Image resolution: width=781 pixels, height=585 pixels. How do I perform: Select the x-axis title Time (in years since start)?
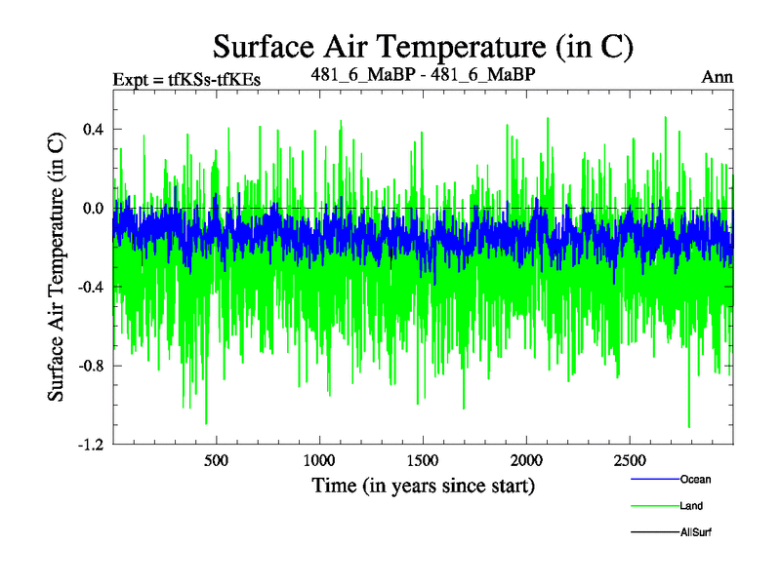pyautogui.click(x=424, y=485)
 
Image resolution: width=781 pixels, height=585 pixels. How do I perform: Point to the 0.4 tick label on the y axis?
pyautogui.click(x=94, y=130)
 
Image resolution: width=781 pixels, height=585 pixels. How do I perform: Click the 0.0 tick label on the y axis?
pyautogui.click(x=94, y=209)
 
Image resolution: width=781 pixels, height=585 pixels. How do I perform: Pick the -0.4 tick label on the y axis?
pyautogui.click(x=92, y=287)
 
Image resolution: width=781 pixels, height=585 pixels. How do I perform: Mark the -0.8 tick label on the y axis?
pyautogui.click(x=92, y=366)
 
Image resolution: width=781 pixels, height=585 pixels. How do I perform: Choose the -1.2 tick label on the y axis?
pyautogui.click(x=92, y=445)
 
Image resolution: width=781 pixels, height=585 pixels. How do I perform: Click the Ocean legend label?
pyautogui.click(x=696, y=480)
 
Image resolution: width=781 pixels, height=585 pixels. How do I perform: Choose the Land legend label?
pyautogui.click(x=692, y=506)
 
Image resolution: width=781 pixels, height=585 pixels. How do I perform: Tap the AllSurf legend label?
pyautogui.click(x=697, y=532)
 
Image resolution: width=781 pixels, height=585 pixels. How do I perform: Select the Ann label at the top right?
pyautogui.click(x=717, y=77)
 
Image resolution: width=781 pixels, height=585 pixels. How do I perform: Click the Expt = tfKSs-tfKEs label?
pyautogui.click(x=186, y=81)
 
